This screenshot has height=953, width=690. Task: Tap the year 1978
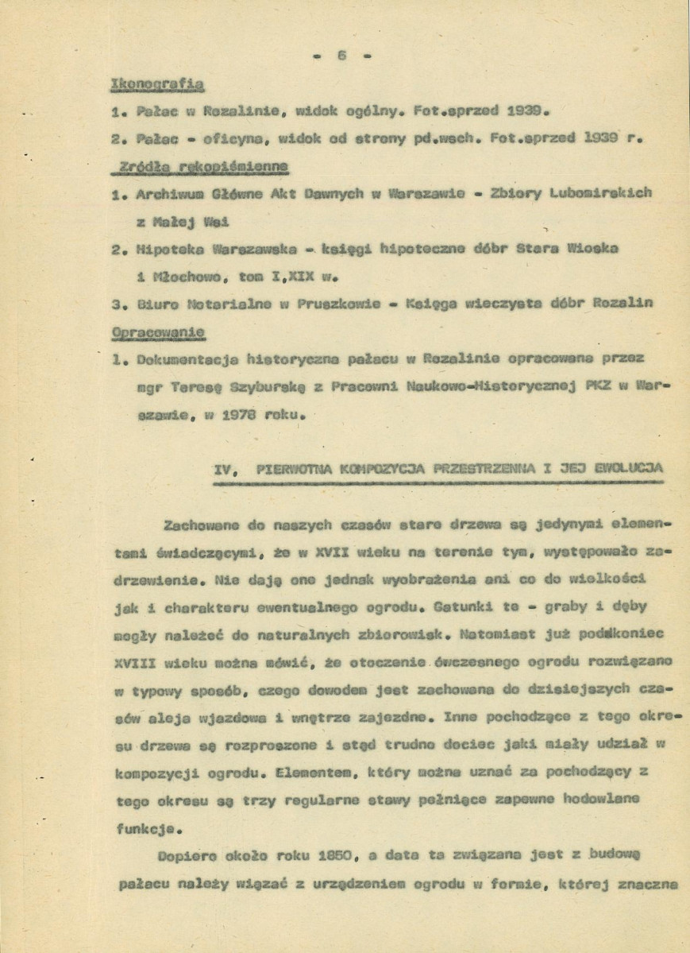[237, 414]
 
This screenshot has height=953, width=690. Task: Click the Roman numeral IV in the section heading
[225, 469]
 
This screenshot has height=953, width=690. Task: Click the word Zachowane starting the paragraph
[197, 525]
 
